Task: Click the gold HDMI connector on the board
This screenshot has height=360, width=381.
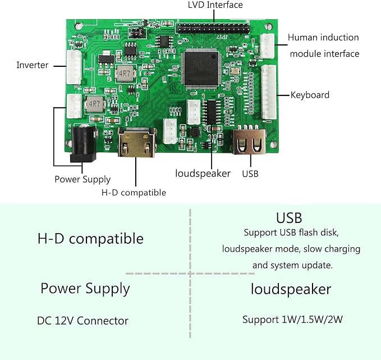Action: pyautogui.click(x=137, y=143)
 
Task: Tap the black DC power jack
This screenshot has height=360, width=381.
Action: pyautogui.click(x=84, y=144)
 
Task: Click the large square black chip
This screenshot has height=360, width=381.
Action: pyautogui.click(x=201, y=69)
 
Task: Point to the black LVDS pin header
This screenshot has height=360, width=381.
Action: pyautogui.click(x=213, y=29)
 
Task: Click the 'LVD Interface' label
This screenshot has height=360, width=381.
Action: pyautogui.click(x=215, y=5)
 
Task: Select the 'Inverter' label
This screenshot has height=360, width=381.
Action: pyautogui.click(x=33, y=65)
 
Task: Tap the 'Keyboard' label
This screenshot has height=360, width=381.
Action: pyautogui.click(x=310, y=95)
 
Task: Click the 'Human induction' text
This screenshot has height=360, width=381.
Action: pyautogui.click(x=323, y=38)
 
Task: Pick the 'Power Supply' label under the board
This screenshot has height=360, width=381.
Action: pyautogui.click(x=82, y=180)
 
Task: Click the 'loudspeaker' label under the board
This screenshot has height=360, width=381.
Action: pyautogui.click(x=203, y=174)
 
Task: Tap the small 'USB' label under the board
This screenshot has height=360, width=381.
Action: pyautogui.click(x=250, y=174)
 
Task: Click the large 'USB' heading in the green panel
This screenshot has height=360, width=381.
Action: pyautogui.click(x=289, y=218)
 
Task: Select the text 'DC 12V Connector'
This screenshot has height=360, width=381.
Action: pyautogui.click(x=82, y=321)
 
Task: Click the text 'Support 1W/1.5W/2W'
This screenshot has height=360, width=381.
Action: pyautogui.click(x=292, y=320)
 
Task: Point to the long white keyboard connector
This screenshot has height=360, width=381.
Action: pyautogui.click(x=269, y=92)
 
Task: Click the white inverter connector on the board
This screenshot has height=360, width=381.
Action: pyautogui.click(x=74, y=67)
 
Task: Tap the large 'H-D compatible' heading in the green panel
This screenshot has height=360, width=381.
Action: pyautogui.click(x=90, y=239)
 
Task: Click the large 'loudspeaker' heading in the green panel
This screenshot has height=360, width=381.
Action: pyautogui.click(x=291, y=289)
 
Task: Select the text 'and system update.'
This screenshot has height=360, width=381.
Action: pyautogui.click(x=292, y=265)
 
